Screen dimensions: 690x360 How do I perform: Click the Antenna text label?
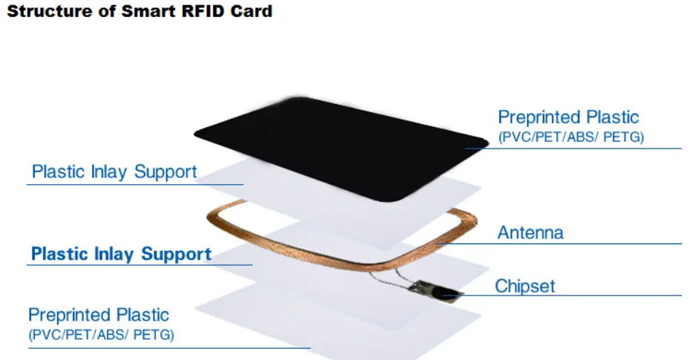point(530,232)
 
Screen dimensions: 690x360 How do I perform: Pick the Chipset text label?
point(525,286)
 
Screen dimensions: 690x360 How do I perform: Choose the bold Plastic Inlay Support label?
point(121,254)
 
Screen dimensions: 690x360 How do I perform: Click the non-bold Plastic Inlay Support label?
point(114,172)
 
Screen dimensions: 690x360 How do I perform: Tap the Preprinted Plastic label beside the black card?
point(568,117)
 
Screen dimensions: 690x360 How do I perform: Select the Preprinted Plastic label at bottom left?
point(99,315)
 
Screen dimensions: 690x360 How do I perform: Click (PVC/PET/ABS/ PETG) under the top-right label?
point(571,137)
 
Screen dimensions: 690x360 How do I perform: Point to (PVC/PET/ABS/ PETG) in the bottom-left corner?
point(101,335)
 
